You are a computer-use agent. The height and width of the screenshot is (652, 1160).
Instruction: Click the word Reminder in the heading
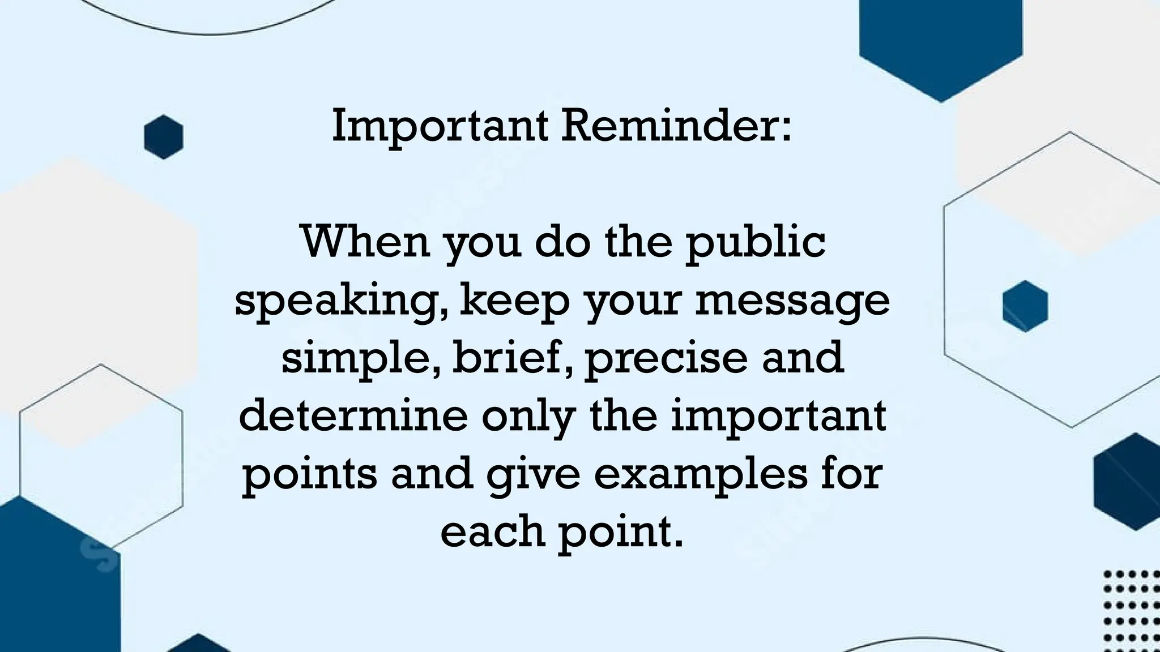point(676,126)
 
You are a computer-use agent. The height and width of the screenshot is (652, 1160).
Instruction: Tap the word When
point(366,242)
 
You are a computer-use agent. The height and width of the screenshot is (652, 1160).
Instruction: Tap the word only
point(528,418)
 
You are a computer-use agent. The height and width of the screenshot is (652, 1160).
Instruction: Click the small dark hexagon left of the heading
point(164,137)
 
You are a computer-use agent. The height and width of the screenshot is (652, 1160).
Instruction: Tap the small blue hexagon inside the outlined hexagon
point(1025,306)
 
